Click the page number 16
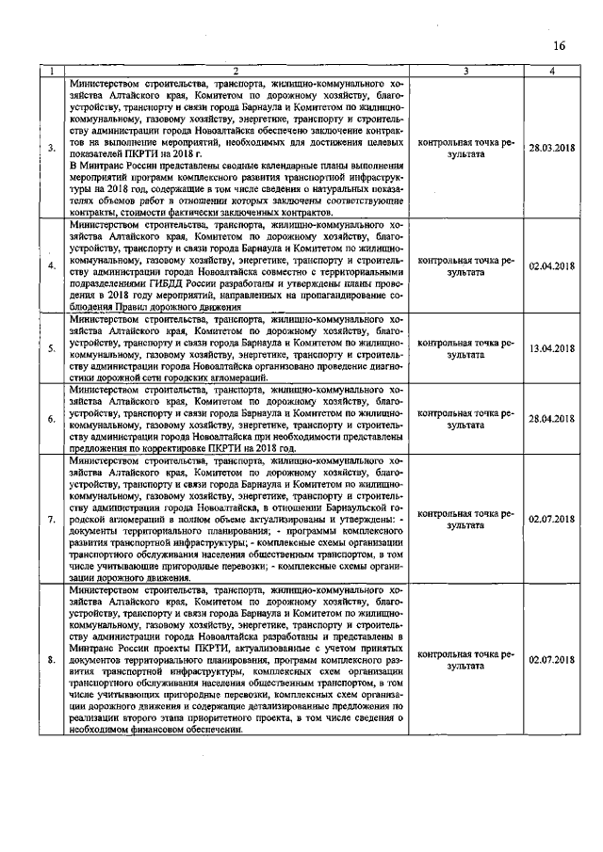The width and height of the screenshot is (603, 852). tap(560, 46)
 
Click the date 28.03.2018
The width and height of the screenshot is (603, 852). tap(552, 148)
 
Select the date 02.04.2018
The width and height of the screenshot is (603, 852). tap(552, 266)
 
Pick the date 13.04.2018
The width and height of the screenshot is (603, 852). tap(552, 348)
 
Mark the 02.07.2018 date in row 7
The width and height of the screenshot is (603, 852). tap(552, 519)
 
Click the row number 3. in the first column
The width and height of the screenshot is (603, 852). tap(52, 148)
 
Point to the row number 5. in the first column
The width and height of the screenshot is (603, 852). tap(52, 348)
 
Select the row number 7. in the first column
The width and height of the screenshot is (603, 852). tap(52, 519)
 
